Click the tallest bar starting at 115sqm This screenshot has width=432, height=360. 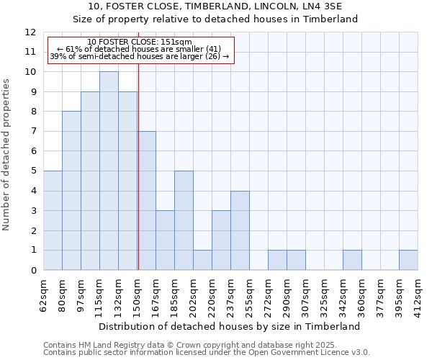(109, 171)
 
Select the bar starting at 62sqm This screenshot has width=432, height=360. (53, 220)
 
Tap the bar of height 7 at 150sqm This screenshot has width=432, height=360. (147, 201)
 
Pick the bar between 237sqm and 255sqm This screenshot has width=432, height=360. (240, 230)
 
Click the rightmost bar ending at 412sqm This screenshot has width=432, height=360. (408, 260)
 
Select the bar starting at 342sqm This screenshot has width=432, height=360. (352, 260)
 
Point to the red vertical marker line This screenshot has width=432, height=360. (138, 166)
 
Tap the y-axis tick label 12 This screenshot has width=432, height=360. (30, 32)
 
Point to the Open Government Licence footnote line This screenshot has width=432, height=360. (206, 352)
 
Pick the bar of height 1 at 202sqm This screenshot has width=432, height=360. (202, 260)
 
